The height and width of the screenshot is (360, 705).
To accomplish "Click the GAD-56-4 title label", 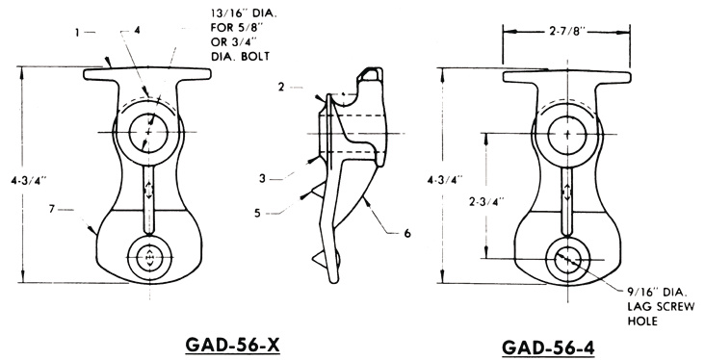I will coord(556,347).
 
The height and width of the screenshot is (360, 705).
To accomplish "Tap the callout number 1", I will coord(78,31).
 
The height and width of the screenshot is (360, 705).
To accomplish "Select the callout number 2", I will coord(281,87).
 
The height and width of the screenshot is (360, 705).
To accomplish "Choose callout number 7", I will coord(56,206).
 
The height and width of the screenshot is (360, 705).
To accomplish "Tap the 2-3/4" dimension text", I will coord(467,200).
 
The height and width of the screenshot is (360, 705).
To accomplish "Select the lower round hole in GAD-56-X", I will coord(149,258).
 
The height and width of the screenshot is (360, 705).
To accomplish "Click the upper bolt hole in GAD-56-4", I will coord(567,129).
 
